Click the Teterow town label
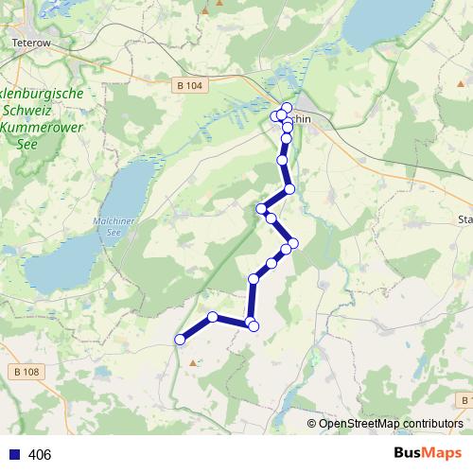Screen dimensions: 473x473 (x=30, y=43)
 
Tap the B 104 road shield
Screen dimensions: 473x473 (x=189, y=85)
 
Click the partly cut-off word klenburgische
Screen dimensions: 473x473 (x=44, y=95)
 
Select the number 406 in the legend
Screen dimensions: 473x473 (x=41, y=455)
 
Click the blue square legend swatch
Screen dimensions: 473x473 (x=14, y=455)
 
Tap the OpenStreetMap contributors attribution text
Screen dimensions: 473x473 (x=391, y=424)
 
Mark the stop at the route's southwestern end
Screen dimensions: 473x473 (x=180, y=340)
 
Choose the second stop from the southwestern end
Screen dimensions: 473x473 (x=214, y=317)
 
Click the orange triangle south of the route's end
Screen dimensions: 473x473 (x=194, y=362)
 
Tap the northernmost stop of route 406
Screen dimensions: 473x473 (x=287, y=106)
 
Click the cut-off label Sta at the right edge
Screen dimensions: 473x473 (x=464, y=219)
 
